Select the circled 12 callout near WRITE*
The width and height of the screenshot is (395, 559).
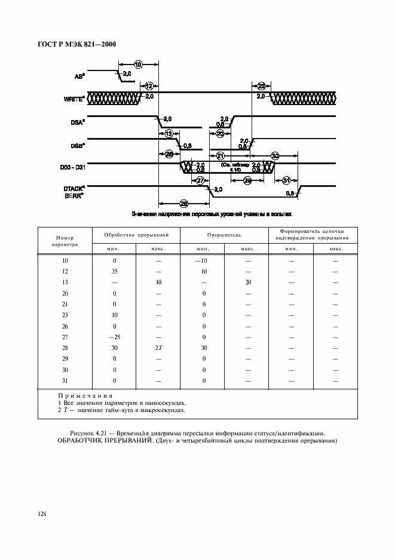click(149, 86)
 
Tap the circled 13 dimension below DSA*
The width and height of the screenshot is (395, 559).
click(169, 134)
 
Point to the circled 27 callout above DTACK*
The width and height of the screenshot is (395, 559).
click(200, 180)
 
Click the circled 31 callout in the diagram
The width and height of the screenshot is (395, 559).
click(287, 180)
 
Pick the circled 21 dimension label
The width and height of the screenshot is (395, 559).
click(219, 156)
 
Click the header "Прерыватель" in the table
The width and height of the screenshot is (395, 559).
click(224, 235)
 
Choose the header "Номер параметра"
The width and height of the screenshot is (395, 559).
click(65, 240)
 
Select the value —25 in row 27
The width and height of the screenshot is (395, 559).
click(114, 337)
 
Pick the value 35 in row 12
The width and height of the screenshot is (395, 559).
click(114, 271)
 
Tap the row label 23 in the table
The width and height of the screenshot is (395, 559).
click(65, 315)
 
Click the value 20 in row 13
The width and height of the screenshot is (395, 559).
click(247, 282)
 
